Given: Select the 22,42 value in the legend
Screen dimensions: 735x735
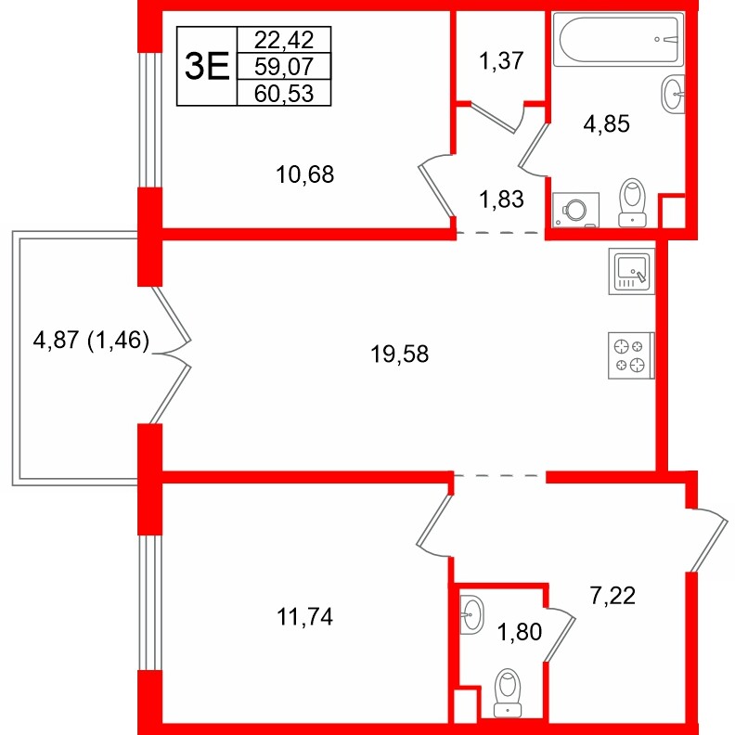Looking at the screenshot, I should point(284,39).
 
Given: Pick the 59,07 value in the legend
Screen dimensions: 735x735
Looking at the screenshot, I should point(284,65).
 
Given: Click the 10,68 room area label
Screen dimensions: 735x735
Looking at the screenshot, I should point(304,173).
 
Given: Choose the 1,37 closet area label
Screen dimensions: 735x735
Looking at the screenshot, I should point(501,62).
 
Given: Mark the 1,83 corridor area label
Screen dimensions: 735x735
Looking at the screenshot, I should point(501,198).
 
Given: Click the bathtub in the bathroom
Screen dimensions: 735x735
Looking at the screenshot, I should point(618,39).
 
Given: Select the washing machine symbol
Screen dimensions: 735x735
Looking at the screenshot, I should point(575,209).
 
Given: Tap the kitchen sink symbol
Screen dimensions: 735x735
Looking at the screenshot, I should point(630,270).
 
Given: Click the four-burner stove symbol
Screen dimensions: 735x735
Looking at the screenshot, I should point(630,355).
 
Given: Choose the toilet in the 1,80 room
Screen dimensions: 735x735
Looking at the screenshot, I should point(508,693).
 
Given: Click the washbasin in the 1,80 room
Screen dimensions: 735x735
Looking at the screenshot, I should point(471,613).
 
